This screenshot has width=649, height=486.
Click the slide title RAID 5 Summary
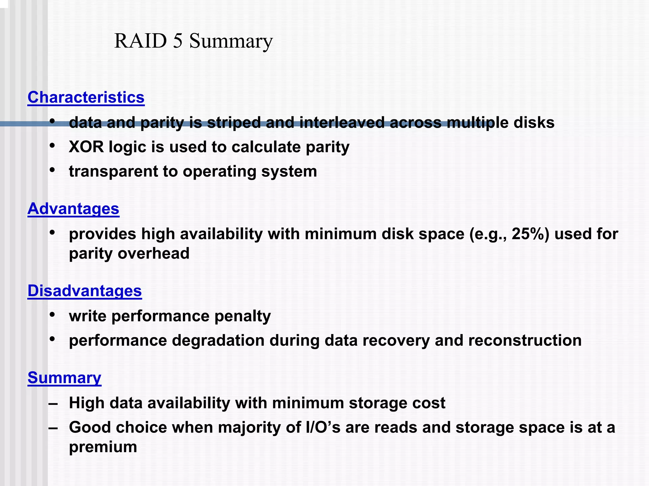[x=193, y=41]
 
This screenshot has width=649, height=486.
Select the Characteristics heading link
[x=86, y=97]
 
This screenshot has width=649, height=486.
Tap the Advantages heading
[x=73, y=209]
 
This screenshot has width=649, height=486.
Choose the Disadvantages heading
[x=85, y=291]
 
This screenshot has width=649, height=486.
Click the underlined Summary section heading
[x=64, y=378]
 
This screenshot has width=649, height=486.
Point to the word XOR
[x=86, y=147]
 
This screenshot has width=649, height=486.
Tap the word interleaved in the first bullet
[x=342, y=123]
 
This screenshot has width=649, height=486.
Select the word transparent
[x=113, y=172]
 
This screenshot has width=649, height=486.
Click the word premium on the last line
[x=103, y=447]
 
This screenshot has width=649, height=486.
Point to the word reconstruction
[x=524, y=341]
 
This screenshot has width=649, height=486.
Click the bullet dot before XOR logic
[x=53, y=146]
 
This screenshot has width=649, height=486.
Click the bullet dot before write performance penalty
[x=53, y=315]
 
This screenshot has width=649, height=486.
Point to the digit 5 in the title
[x=178, y=41]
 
